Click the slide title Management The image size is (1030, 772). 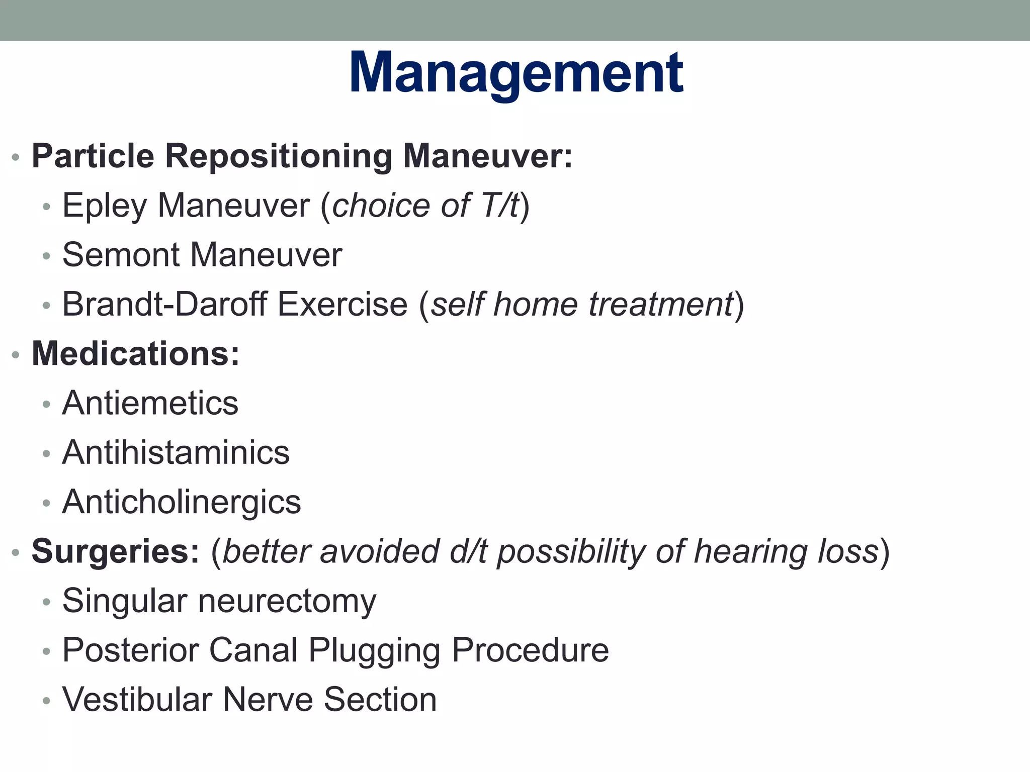coord(516,74)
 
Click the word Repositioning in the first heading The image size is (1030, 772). coord(279,156)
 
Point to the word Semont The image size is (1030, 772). coord(121,255)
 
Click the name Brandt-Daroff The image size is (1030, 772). coord(164,305)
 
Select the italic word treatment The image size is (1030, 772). coord(661,305)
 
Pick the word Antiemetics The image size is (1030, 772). coord(150,403)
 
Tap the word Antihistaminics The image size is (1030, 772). coord(176,453)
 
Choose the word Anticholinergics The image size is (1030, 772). coord(181,502)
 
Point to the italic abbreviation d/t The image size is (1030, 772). coord(468,551)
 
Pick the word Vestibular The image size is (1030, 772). coord(137,700)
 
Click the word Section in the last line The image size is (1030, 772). coord(380,700)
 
